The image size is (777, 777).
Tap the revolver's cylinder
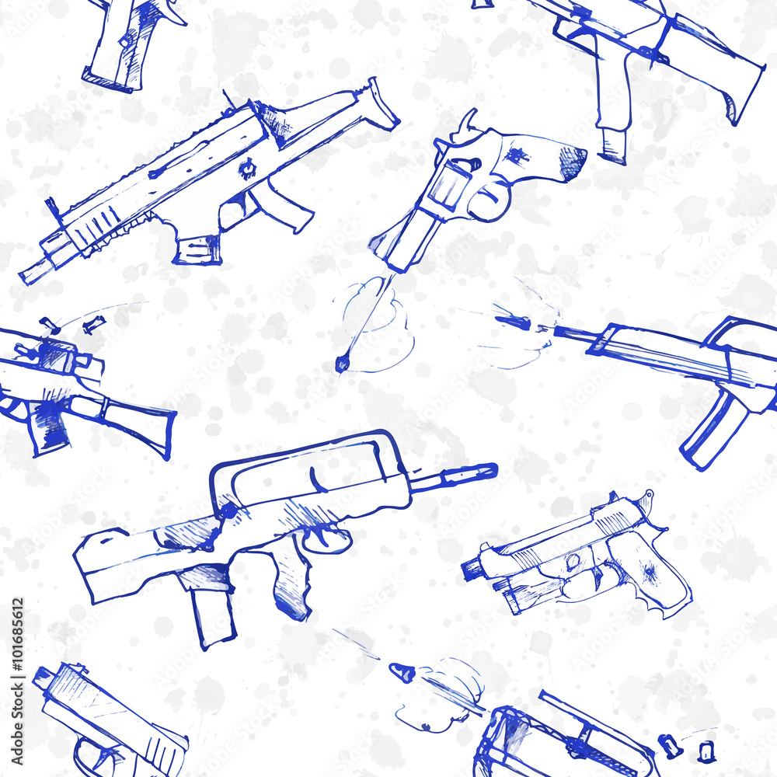point(448,186)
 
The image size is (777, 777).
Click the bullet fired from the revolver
point(341,362)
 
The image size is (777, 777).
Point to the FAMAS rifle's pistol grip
point(293,583)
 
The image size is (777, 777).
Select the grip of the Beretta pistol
point(653,575)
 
